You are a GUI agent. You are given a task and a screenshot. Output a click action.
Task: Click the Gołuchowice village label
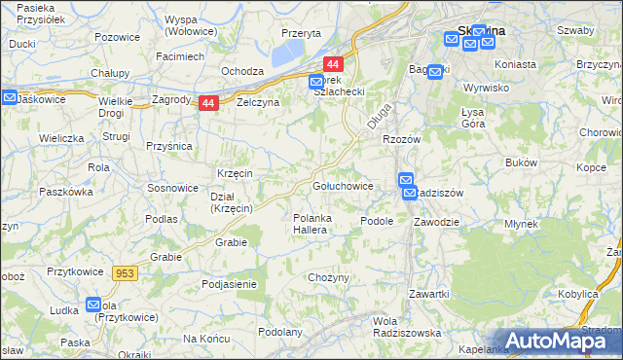343,185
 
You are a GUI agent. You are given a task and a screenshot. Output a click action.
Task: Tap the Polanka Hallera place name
314,224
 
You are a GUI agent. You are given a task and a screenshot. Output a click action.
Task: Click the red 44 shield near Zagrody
208,103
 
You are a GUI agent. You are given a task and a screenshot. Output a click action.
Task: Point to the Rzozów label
400,140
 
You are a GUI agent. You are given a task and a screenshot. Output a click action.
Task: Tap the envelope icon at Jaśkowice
10,98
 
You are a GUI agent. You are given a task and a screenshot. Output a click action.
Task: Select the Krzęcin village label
236,172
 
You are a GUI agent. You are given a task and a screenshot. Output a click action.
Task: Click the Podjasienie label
228,284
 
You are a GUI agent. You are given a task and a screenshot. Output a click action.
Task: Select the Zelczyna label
258,102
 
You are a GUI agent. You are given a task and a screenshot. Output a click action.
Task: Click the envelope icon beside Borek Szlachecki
317,84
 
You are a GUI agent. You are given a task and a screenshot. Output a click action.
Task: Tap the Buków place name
523,162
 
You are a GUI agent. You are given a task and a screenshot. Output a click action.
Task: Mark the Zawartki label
428,293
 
